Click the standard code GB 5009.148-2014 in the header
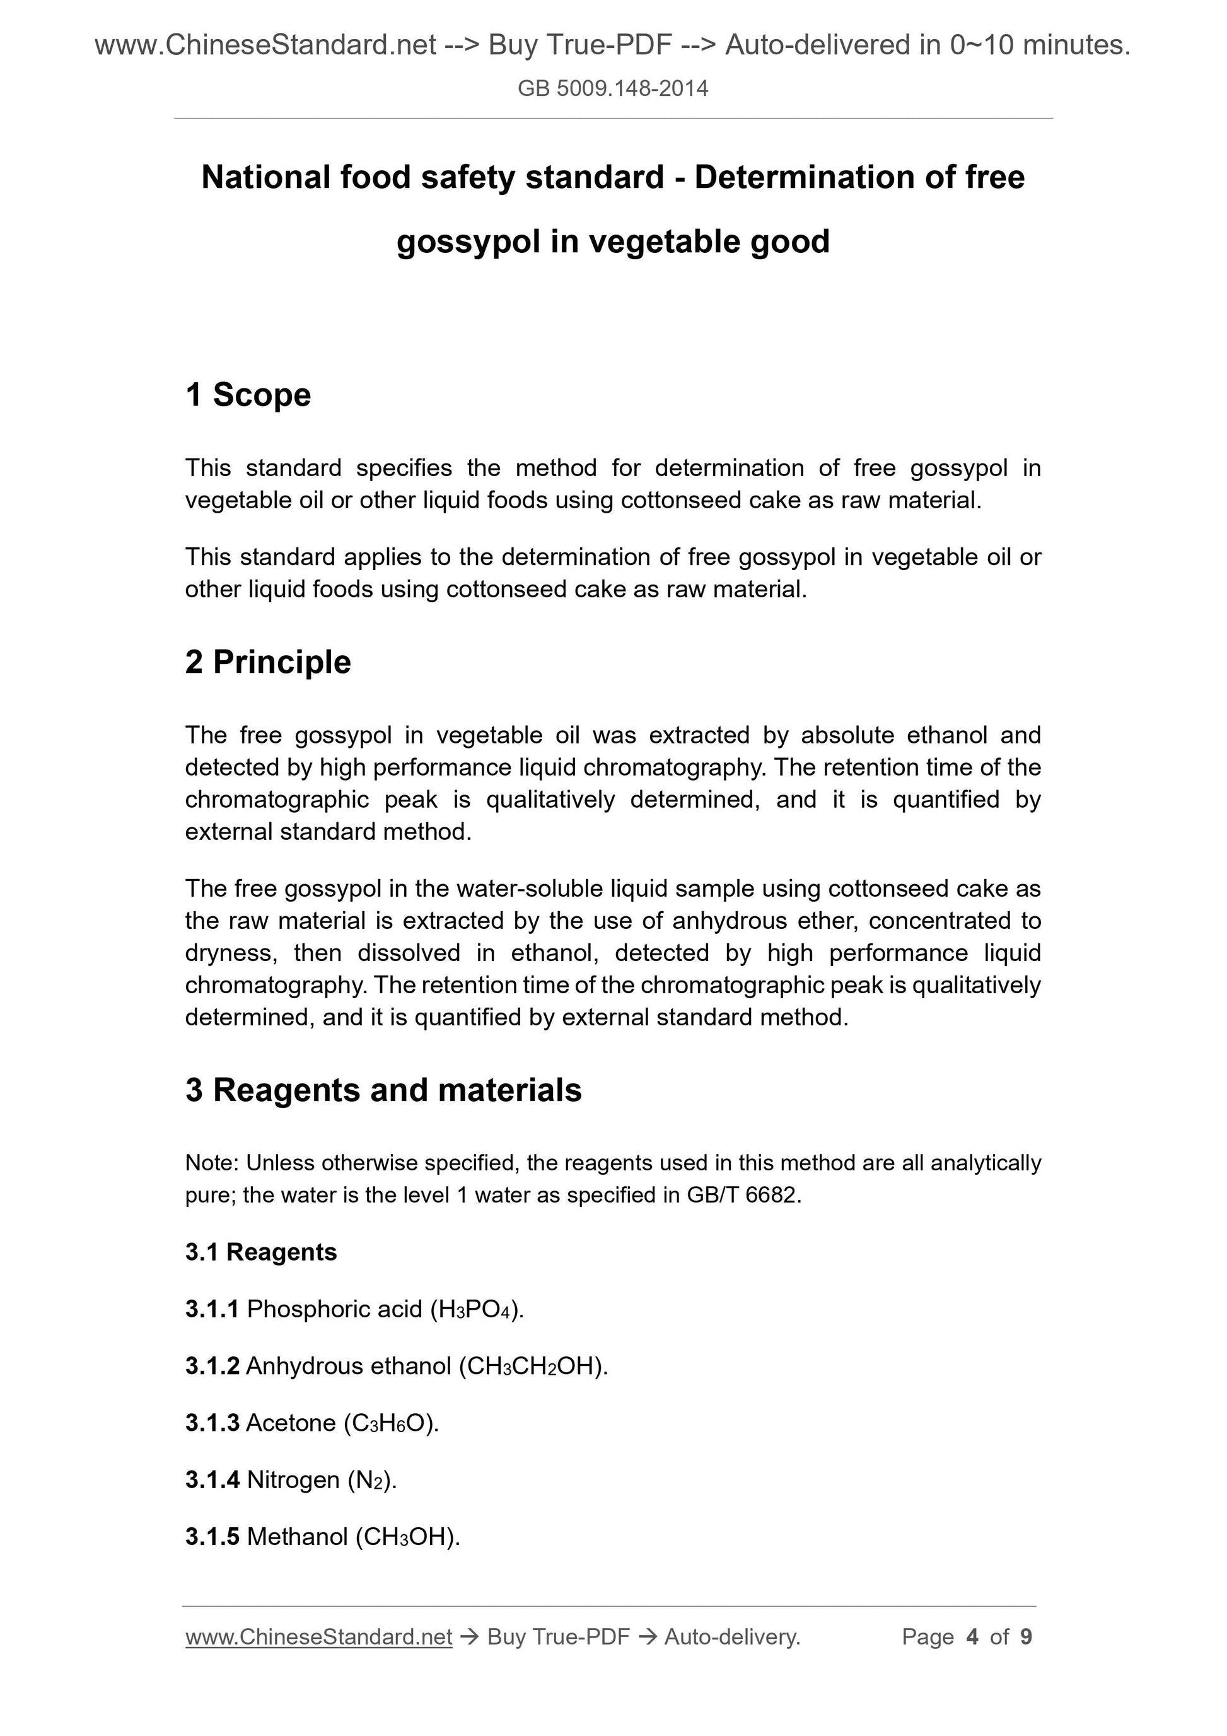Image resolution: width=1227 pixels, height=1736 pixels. click(612, 89)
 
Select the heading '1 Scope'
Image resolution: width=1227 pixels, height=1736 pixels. click(248, 395)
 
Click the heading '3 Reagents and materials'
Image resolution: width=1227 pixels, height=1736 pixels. click(383, 1090)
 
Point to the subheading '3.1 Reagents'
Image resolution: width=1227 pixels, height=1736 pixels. click(261, 1252)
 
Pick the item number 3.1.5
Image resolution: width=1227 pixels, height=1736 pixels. click(212, 1536)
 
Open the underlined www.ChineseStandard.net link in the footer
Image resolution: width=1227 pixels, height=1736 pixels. click(318, 1637)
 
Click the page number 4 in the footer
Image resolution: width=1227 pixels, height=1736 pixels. click(972, 1637)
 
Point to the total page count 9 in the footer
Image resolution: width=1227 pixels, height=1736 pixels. click(1026, 1637)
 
